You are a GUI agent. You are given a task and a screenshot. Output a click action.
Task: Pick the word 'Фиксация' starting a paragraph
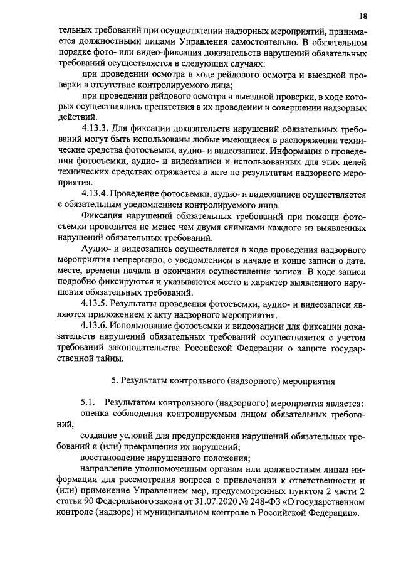pos(102,215)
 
